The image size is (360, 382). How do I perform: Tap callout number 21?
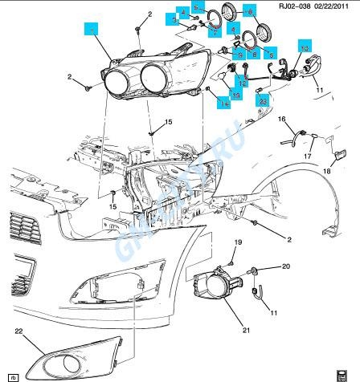pos(246,330)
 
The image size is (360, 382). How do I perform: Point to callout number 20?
pos(285,266)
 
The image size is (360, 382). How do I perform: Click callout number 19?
pos(237,242)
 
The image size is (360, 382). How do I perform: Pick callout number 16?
pos(282,119)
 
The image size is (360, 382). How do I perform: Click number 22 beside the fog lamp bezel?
pos(18,330)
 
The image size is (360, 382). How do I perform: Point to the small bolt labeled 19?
pos(231,259)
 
